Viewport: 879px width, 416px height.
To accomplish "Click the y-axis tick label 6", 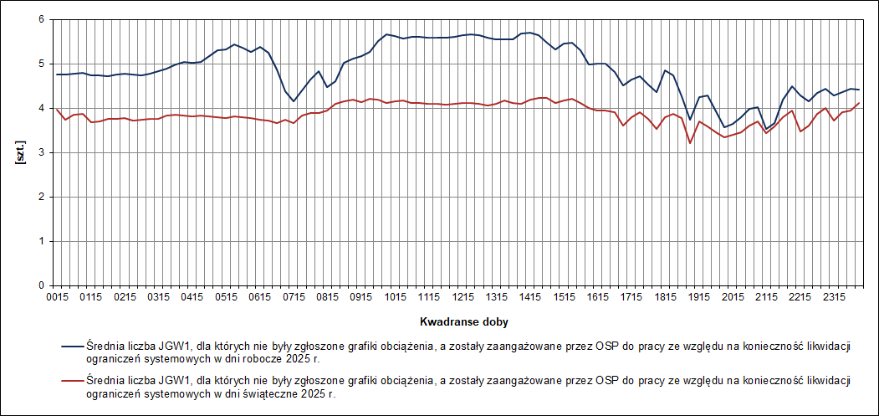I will (40, 19).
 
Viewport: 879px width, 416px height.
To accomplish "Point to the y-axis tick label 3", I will (40, 152).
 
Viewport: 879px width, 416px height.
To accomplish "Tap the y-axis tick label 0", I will (40, 285).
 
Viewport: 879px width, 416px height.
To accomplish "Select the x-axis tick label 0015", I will (57, 297).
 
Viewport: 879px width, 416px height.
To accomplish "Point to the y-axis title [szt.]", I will (18, 153).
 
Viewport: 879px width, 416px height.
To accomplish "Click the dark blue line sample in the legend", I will (72, 343).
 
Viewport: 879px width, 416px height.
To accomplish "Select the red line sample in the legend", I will (72, 382).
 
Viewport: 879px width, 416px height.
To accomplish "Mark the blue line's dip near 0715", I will (293, 101).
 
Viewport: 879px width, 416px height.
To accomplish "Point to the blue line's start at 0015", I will (57, 74).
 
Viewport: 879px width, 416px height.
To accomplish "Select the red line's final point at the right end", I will (859, 103).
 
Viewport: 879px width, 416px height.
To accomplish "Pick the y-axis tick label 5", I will (40, 64).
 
